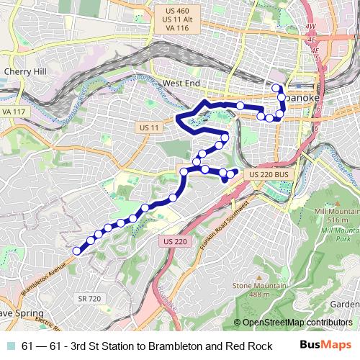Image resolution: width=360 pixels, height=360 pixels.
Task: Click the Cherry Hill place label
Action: click(25, 72)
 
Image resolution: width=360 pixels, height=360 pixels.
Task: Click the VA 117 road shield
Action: click(12, 113)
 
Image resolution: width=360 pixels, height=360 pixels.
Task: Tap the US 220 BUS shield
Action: click(269, 175)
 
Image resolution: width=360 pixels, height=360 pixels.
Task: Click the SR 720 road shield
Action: click(87, 297)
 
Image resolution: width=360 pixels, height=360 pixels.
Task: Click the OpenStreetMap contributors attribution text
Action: click(297, 323)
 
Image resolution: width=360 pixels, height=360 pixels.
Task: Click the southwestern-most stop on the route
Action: click(76, 251)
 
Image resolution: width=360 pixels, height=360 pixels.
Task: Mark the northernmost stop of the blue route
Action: click(275, 88)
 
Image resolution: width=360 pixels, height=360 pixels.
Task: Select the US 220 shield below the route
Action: click(175, 241)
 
